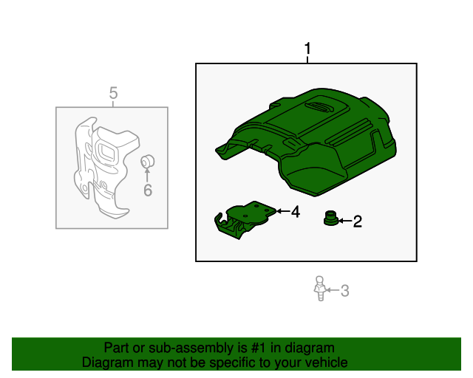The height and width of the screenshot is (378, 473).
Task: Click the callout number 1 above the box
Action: (x=307, y=50)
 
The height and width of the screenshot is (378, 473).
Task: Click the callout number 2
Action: (x=357, y=221)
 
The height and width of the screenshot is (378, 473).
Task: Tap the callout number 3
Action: (x=344, y=291)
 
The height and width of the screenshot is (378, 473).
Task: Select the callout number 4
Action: (x=295, y=212)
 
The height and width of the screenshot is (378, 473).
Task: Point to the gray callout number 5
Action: (x=113, y=93)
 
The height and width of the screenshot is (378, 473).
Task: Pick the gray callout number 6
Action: (x=147, y=191)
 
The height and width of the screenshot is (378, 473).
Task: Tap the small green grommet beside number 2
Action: (x=330, y=219)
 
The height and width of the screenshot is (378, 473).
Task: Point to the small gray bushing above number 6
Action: (x=146, y=161)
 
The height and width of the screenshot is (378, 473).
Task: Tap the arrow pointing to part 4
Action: (x=282, y=212)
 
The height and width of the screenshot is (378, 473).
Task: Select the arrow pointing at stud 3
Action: (x=332, y=291)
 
